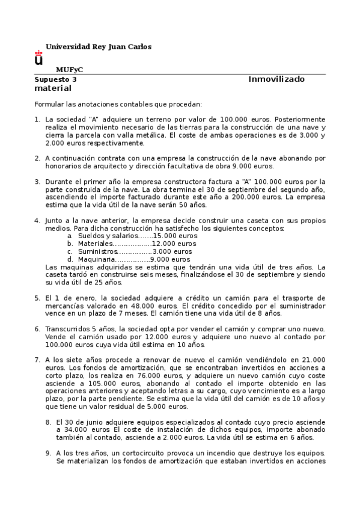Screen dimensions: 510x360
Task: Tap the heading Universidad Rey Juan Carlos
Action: [99, 46]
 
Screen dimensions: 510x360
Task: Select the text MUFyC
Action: [69, 70]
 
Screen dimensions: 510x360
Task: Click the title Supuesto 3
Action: [55, 79]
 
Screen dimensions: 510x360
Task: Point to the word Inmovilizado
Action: [276, 79]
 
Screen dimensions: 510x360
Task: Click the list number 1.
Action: [37, 119]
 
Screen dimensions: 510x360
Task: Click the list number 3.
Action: [37, 182]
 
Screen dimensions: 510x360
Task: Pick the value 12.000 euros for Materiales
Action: [174, 244]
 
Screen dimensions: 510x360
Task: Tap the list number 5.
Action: [37, 298]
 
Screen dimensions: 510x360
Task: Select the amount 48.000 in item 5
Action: [153, 306]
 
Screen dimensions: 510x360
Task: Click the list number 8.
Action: [48, 422]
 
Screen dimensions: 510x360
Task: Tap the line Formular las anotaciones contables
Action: [118, 103]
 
